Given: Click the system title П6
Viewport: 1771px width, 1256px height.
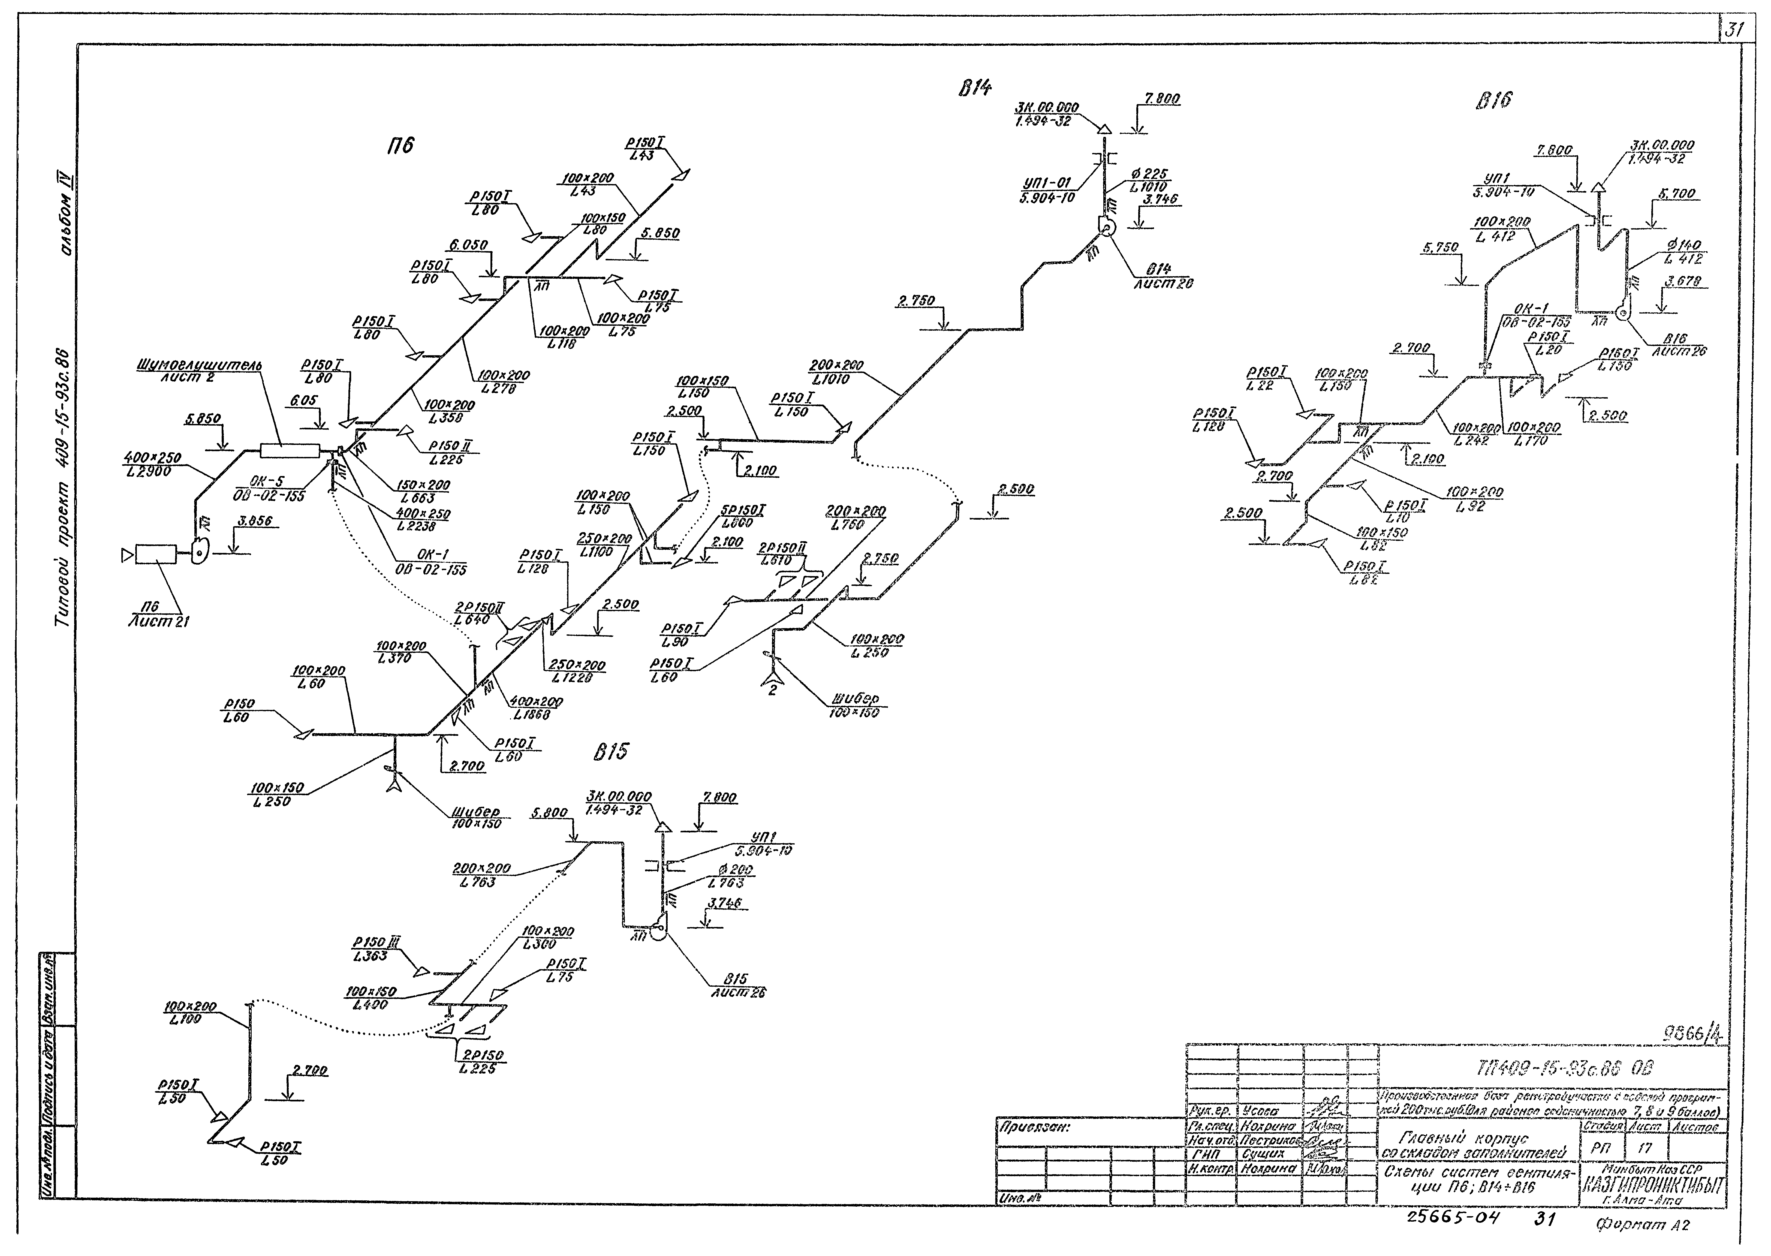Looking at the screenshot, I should point(400,144).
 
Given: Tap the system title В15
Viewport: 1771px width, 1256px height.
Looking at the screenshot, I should point(611,751).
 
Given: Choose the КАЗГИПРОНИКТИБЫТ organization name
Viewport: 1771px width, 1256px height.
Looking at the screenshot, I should point(1652,1186).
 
